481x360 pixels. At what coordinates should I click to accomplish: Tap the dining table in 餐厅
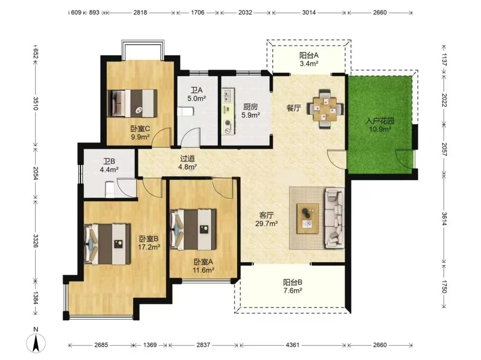326,109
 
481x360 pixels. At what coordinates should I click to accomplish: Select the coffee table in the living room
308,219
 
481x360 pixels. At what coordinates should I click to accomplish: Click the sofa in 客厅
334,218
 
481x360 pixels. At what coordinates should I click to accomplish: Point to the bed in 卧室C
132,103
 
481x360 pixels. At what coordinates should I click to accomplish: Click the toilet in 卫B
109,189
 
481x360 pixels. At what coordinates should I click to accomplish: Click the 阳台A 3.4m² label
309,60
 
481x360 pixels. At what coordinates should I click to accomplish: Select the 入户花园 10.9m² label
380,125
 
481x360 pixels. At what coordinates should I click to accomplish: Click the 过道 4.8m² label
188,163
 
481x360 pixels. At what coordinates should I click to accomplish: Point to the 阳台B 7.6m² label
292,286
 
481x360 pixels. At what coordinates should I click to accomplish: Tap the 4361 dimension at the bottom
292,345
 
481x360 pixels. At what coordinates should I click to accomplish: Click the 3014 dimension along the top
309,13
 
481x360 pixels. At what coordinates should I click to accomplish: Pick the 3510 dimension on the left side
36,103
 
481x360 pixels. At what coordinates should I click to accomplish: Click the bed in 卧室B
107,244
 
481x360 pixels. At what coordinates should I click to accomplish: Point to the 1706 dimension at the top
198,13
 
